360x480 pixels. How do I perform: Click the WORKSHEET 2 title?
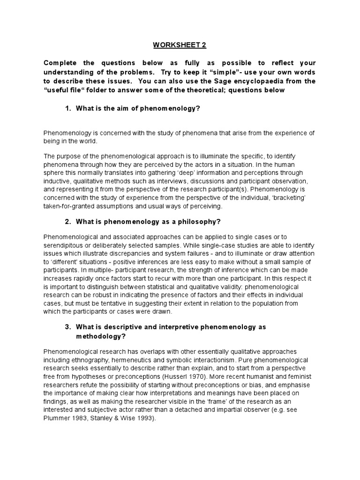point(180,45)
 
